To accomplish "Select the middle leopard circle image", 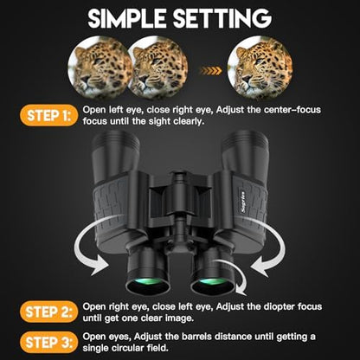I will coord(158,67).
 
